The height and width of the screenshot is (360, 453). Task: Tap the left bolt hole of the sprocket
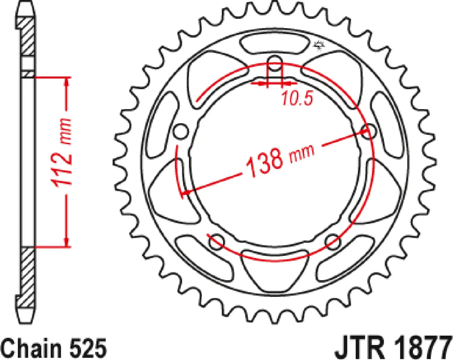tap(181, 132)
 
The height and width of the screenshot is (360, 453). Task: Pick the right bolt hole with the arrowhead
tap(369, 132)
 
